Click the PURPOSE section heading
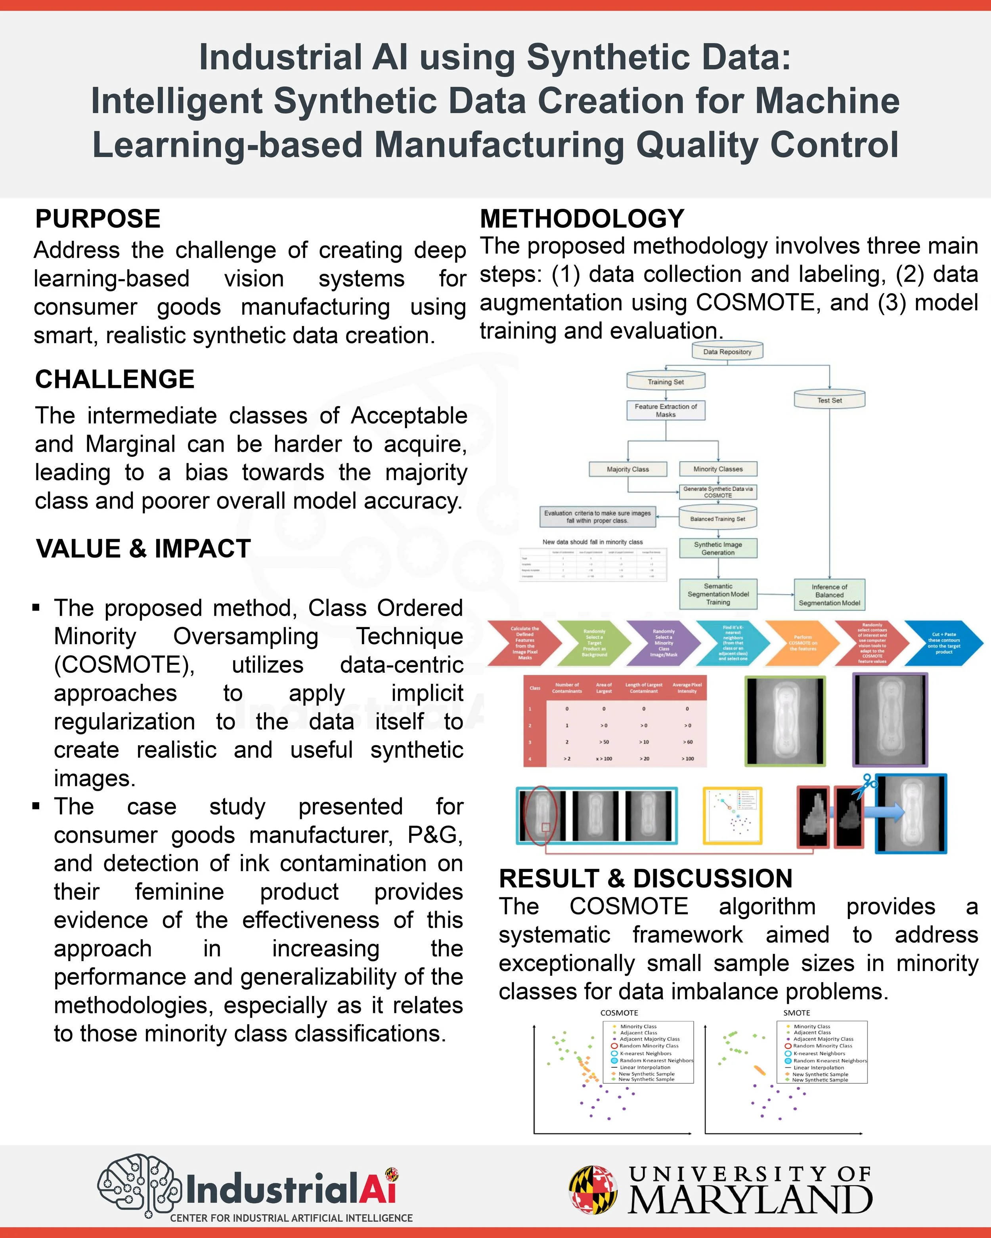pyautogui.click(x=98, y=219)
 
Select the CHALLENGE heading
pyautogui.click(x=115, y=380)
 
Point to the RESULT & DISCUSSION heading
pyautogui.click(x=645, y=879)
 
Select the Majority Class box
pyautogui.click(x=628, y=469)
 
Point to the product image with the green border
pyautogui.click(x=785, y=721)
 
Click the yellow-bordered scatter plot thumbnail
pyautogui.click(x=733, y=815)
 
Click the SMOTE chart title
pyautogui.click(x=796, y=1013)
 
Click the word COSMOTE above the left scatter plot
pyautogui.click(x=619, y=1013)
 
